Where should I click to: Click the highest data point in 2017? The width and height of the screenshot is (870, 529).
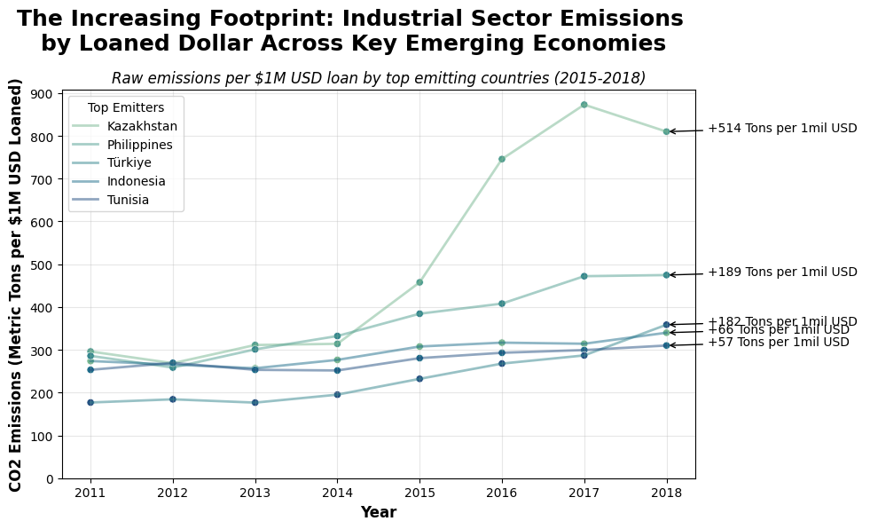pos(584,105)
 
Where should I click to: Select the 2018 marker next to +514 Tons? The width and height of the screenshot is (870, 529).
pos(666,131)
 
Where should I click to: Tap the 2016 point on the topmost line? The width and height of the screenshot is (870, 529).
pos(502,159)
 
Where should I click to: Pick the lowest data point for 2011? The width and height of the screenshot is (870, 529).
pos(90,402)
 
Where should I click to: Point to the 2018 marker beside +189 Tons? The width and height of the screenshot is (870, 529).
pos(666,275)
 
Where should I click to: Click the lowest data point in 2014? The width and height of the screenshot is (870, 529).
pos(337,394)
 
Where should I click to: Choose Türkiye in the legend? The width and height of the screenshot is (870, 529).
pos(129,162)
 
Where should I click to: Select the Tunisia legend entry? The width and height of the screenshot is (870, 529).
pos(128,200)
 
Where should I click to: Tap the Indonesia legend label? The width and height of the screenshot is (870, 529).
pos(136,181)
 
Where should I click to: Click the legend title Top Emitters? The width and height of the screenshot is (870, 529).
pos(126,107)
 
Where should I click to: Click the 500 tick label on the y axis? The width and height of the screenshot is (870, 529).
pos(42,265)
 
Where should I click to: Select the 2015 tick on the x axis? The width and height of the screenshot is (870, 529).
pos(419,492)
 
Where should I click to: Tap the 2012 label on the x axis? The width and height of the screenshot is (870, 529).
pos(173,492)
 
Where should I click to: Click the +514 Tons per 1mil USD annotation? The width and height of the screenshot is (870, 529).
pos(782,128)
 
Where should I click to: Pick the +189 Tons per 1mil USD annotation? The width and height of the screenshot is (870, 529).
pos(782,272)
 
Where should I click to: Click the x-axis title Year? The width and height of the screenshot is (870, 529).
pos(378,512)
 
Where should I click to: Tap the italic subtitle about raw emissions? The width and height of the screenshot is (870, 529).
pos(379,78)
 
